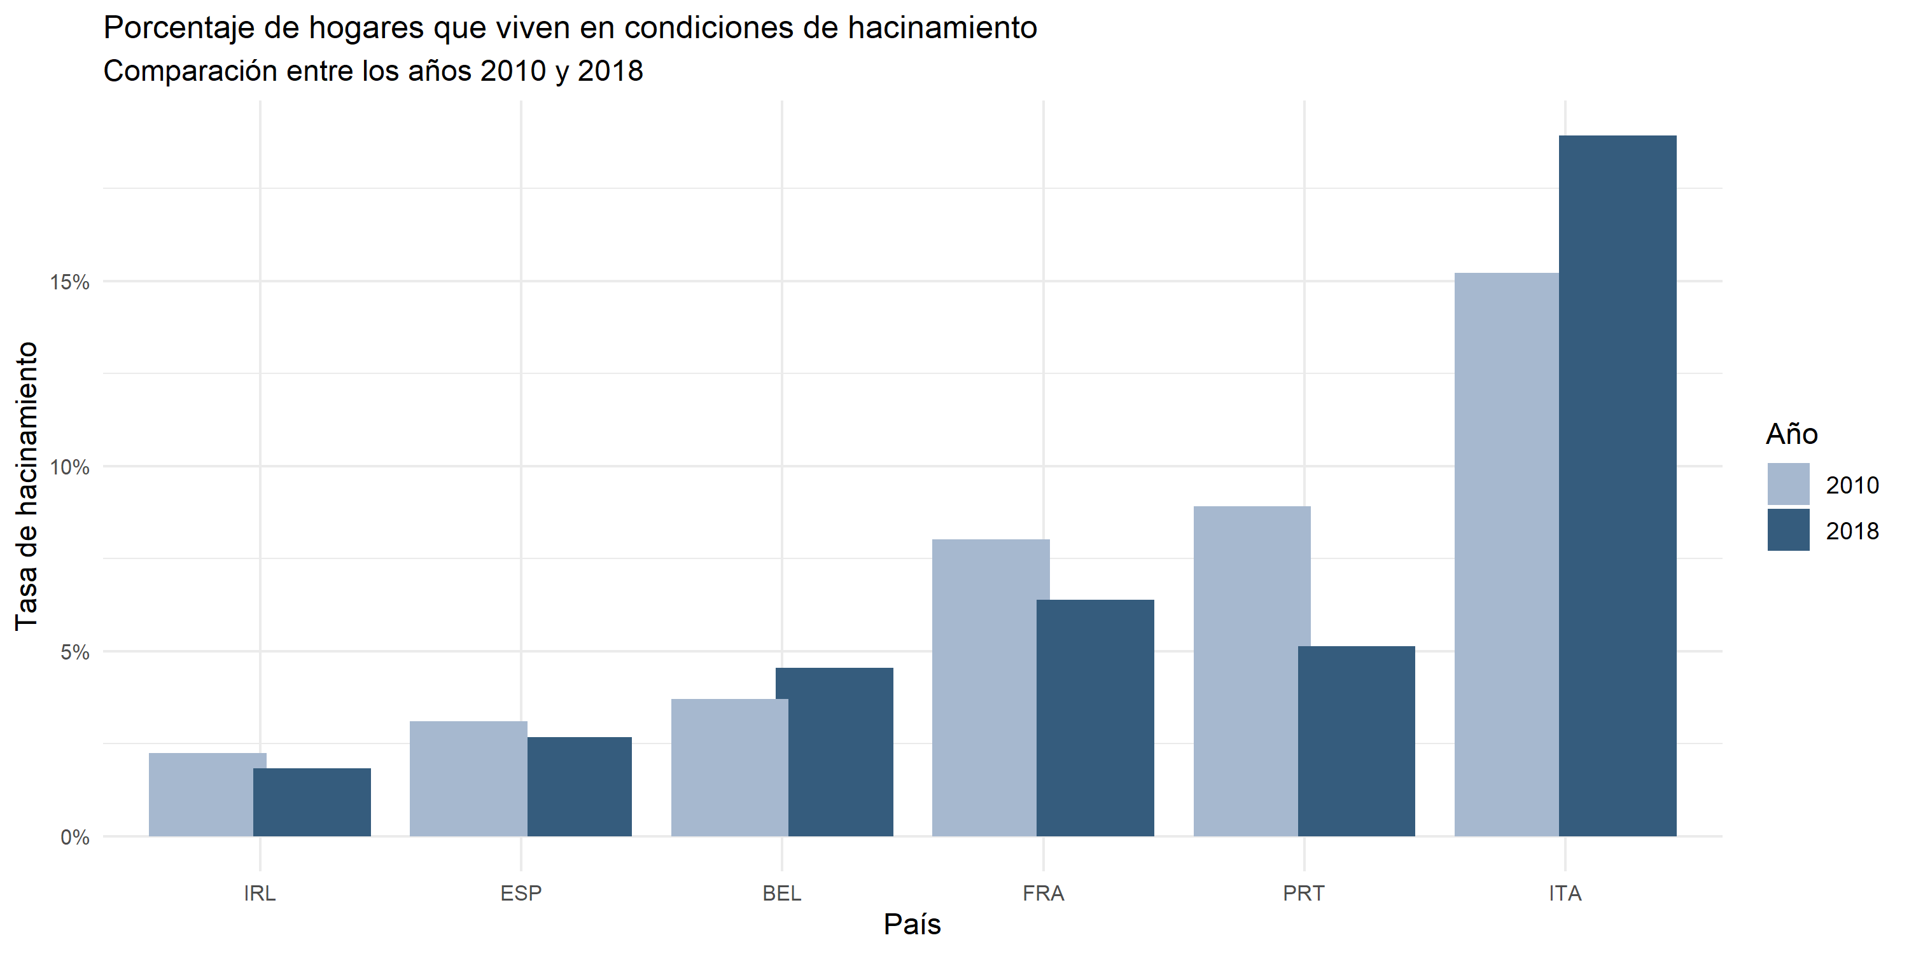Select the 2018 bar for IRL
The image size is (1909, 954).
point(312,802)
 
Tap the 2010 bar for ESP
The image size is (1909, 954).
point(468,778)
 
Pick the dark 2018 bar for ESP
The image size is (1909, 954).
point(580,787)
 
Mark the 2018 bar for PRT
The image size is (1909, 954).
point(1356,741)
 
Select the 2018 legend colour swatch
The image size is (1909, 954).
point(1787,530)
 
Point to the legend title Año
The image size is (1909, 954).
point(1792,434)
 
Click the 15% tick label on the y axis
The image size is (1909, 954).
point(69,282)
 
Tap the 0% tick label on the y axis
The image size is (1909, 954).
point(75,838)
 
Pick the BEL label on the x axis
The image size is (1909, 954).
point(782,894)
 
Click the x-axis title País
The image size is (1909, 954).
point(913,924)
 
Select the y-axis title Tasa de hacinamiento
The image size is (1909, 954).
point(27,486)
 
